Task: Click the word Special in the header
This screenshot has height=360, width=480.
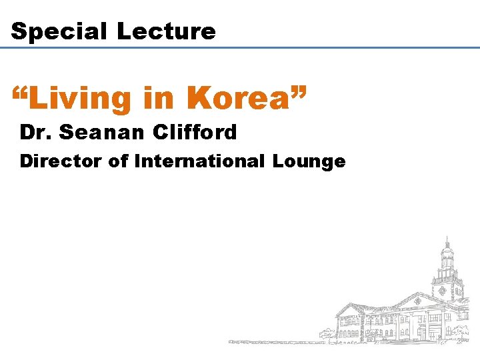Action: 59,31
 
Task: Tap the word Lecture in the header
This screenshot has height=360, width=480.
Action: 166,31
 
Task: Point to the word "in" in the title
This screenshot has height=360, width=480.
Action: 158,97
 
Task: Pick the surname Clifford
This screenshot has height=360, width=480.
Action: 195,133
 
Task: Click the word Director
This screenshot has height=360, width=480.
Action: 60,161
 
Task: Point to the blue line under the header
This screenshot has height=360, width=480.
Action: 240,48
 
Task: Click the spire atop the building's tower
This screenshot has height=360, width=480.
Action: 447,242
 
